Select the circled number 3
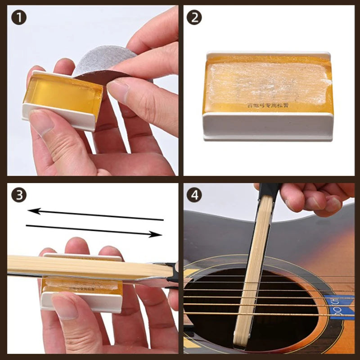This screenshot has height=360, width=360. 19,195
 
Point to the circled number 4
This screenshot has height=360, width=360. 194,195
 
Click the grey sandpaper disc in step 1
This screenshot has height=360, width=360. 103,63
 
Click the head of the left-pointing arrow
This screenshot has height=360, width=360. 32,210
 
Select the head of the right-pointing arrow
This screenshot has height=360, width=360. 157,234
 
